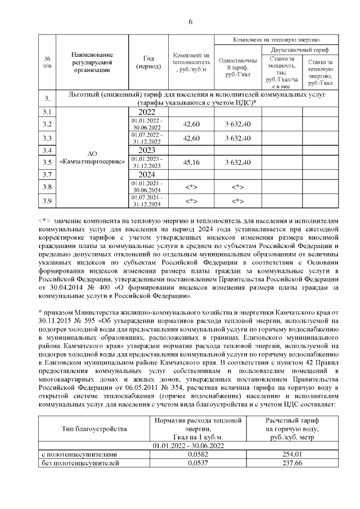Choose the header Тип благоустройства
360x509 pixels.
(x=94, y=429)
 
